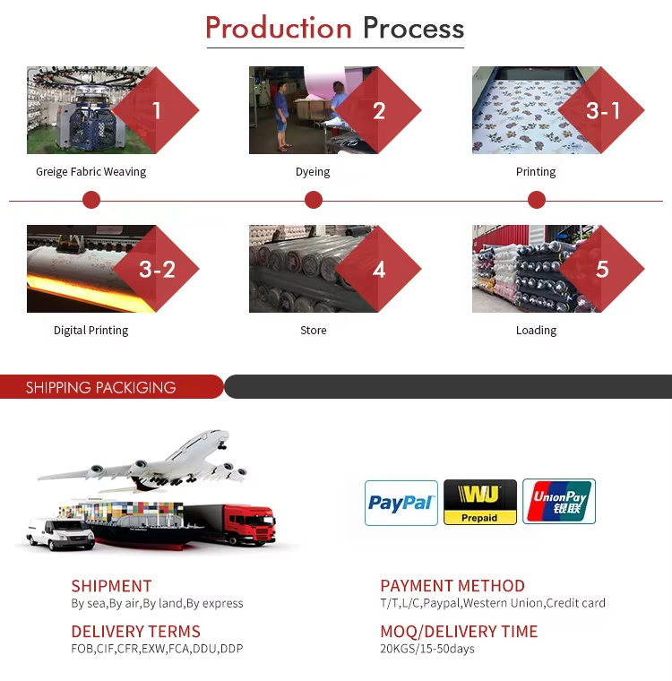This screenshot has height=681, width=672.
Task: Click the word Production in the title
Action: click(x=279, y=29)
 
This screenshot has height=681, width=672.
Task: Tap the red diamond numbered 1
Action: click(x=156, y=110)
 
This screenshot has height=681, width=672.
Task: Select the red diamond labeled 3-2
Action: click(x=156, y=269)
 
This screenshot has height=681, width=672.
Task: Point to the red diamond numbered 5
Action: click(x=601, y=269)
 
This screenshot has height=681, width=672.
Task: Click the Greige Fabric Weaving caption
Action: click(x=90, y=172)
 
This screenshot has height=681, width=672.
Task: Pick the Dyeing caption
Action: click(x=313, y=172)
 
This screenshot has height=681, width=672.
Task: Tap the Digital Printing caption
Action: click(x=90, y=331)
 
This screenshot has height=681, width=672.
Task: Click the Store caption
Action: click(x=314, y=331)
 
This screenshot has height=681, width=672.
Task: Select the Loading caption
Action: click(x=536, y=331)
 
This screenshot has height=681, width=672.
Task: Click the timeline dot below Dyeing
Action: click(x=314, y=200)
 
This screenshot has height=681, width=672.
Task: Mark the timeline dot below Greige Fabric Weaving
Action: click(x=91, y=200)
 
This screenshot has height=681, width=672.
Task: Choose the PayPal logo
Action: click(x=401, y=503)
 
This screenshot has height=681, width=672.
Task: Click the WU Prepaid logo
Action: click(x=480, y=502)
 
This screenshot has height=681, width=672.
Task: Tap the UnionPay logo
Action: click(x=559, y=502)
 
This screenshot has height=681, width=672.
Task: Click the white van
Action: click(x=60, y=533)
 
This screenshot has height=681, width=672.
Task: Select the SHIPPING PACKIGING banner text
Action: click(x=100, y=387)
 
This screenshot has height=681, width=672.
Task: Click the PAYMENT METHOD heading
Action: click(x=452, y=586)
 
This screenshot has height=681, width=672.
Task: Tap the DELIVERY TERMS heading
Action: click(x=135, y=632)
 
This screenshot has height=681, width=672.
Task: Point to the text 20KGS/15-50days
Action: click(x=427, y=649)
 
